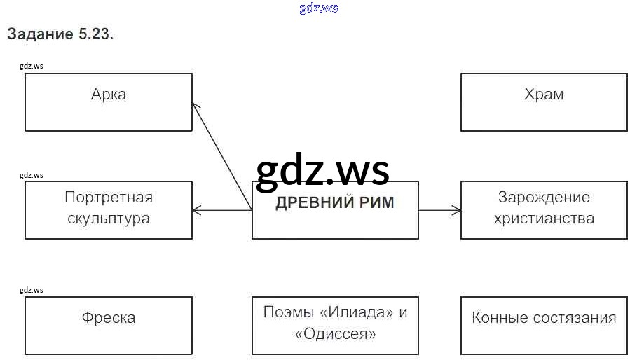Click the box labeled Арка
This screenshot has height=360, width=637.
[x=109, y=102]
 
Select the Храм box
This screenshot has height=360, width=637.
[x=544, y=102]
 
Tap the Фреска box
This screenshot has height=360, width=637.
[x=109, y=325]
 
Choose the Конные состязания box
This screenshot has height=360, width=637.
[x=544, y=325]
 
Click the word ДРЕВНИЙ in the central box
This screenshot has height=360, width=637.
[x=310, y=203]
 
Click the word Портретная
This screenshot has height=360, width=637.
[x=109, y=198]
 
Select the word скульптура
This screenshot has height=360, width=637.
[x=109, y=218]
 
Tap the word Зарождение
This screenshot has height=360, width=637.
[x=544, y=198]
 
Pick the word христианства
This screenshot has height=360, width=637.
[x=544, y=218]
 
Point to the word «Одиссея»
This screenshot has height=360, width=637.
[x=336, y=333]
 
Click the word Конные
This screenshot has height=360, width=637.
[x=500, y=318]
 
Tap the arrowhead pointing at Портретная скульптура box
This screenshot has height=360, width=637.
[x=196, y=209]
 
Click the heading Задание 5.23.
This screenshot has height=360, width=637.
[x=60, y=34]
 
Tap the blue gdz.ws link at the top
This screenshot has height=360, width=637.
[x=319, y=8]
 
